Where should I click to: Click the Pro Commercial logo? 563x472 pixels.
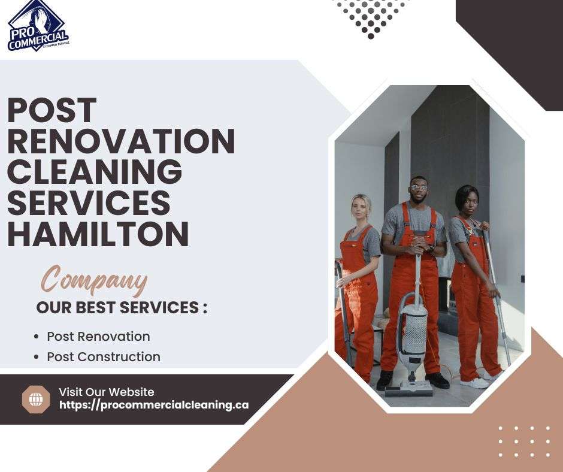point(38,26)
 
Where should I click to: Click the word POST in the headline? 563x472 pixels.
point(52,110)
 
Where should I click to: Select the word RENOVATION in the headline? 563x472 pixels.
point(122,141)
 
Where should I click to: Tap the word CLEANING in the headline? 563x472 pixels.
point(95,172)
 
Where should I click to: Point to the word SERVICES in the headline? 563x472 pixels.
point(89,203)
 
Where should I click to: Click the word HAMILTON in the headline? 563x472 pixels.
point(98,234)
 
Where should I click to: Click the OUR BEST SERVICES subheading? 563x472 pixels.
point(122,307)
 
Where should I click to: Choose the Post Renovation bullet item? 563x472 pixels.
point(98,337)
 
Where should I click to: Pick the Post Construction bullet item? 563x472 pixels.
point(104,356)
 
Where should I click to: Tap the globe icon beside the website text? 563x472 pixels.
point(36,400)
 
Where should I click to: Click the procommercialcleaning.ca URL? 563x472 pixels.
point(154,405)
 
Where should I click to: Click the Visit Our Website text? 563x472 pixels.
point(107,392)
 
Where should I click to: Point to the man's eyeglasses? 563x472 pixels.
point(419,187)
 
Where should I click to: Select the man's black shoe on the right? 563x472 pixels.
point(437,380)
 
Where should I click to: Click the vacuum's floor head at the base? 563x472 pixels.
point(409,388)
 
